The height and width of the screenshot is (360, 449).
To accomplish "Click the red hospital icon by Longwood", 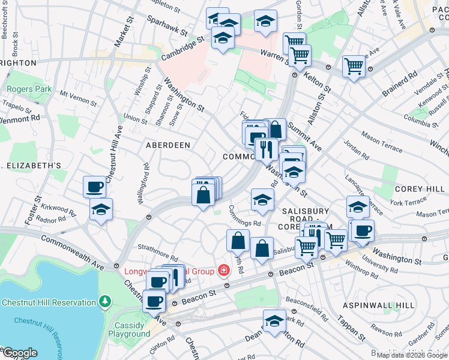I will (224, 271).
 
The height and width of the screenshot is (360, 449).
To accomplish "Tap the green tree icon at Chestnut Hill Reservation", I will (105, 299).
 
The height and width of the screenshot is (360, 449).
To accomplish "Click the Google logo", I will (19, 353).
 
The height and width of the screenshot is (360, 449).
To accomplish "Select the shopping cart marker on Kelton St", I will (354, 65).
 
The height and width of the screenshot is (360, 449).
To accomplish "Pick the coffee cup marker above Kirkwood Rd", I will (94, 187).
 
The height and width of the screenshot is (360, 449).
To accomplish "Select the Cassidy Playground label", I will (130, 329).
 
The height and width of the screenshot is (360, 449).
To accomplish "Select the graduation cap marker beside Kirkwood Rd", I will (101, 210).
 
